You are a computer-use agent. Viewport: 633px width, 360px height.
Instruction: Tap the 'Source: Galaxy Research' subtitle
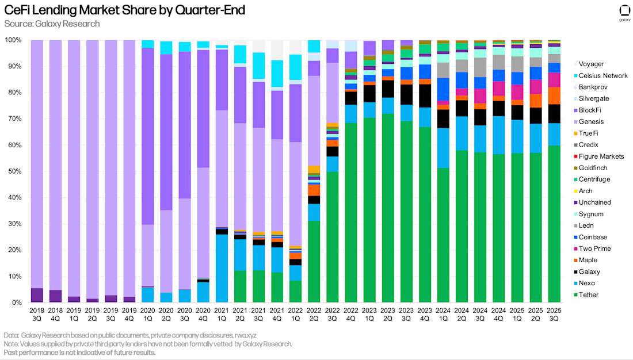click(x=52, y=24)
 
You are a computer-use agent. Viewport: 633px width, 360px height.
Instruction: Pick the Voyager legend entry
click(x=590, y=64)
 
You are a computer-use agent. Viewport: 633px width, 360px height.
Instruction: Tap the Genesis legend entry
click(x=590, y=121)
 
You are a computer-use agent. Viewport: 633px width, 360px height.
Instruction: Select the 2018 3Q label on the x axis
click(x=36, y=313)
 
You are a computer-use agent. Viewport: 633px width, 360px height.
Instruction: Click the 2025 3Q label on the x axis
click(x=554, y=313)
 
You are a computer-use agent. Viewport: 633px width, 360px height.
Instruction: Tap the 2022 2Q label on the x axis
click(x=314, y=313)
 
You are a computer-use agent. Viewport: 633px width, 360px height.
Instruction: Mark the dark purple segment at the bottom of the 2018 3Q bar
click(x=36, y=295)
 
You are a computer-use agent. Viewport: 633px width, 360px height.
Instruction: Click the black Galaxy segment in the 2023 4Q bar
click(x=425, y=95)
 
